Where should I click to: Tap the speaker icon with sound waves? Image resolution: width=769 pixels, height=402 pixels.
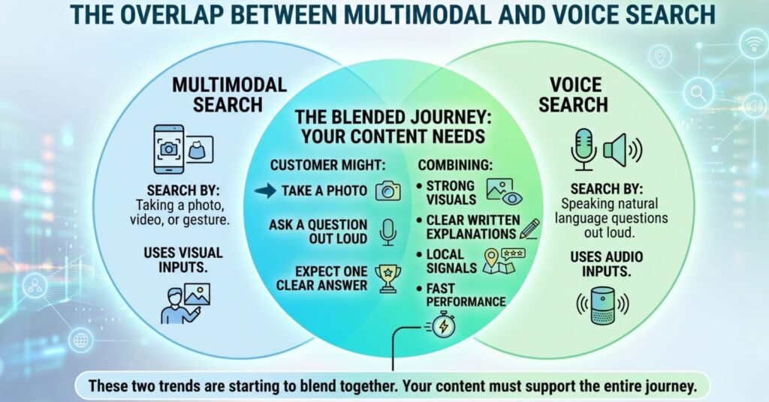pyautogui.click(x=622, y=149)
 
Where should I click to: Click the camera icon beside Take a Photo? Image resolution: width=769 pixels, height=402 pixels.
pyautogui.click(x=388, y=190)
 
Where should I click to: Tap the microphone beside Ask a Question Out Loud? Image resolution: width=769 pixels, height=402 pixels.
pyautogui.click(x=388, y=232)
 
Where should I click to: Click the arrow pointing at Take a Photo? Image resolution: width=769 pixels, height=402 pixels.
pyautogui.click(x=265, y=191)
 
